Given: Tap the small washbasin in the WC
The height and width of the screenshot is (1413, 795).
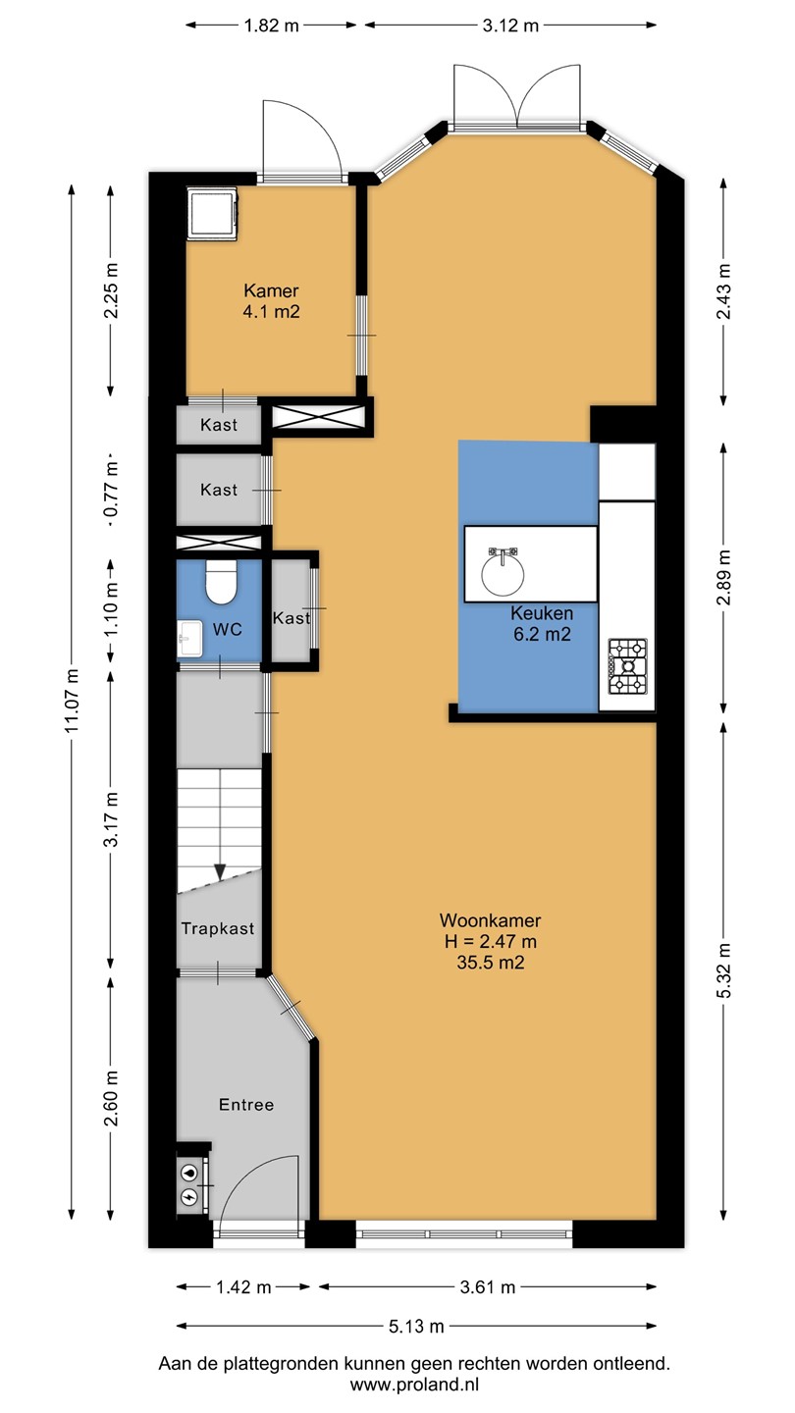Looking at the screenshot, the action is coord(190,639).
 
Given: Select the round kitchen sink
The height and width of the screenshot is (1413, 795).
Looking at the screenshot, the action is coord(503,571).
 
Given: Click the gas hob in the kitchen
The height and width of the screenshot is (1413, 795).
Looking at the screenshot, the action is coord(628,666).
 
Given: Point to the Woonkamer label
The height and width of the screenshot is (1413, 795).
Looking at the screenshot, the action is coord(491,920).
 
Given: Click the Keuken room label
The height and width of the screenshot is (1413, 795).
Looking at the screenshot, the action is coord(542,613).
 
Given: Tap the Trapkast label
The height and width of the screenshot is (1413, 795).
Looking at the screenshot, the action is coord(218,928).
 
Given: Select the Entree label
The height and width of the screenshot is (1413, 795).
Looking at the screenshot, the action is coord(246,1105).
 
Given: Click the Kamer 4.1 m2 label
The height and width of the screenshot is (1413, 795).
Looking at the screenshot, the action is coord(271,301).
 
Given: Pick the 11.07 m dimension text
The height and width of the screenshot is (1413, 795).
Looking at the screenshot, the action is coord(72,701).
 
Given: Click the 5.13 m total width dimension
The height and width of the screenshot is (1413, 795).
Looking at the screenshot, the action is coord(416,1326).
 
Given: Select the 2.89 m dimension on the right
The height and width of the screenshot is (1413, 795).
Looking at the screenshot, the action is coord(723,577).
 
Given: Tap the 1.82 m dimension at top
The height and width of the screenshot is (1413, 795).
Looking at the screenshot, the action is coord(271,26).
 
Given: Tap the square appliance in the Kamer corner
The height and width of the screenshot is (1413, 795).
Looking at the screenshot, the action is coord(213,213).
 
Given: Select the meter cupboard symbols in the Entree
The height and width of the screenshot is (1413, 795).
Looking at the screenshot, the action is coord(189,1184).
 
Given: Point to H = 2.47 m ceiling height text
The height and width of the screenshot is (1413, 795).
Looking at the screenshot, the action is coord(491,942).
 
